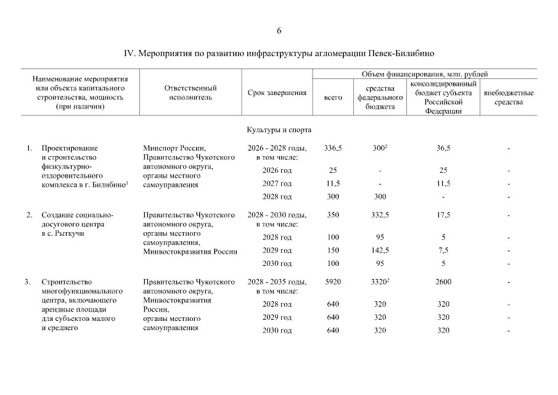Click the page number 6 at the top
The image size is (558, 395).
click(279, 31)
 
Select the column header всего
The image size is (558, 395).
click(333, 98)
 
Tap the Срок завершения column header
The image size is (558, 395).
click(277, 93)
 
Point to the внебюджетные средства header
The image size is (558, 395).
click(509, 98)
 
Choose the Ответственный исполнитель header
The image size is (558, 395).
click(190, 93)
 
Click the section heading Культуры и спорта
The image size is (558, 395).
click(279, 130)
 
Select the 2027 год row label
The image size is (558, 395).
click(277, 183)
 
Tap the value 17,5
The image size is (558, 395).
click(443, 215)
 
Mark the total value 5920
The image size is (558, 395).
click(333, 282)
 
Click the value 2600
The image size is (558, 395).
click(443, 282)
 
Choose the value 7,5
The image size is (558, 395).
click(443, 251)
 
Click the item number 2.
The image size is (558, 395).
click(28, 215)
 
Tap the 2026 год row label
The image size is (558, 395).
click(277, 170)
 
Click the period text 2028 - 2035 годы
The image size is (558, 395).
click(277, 282)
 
